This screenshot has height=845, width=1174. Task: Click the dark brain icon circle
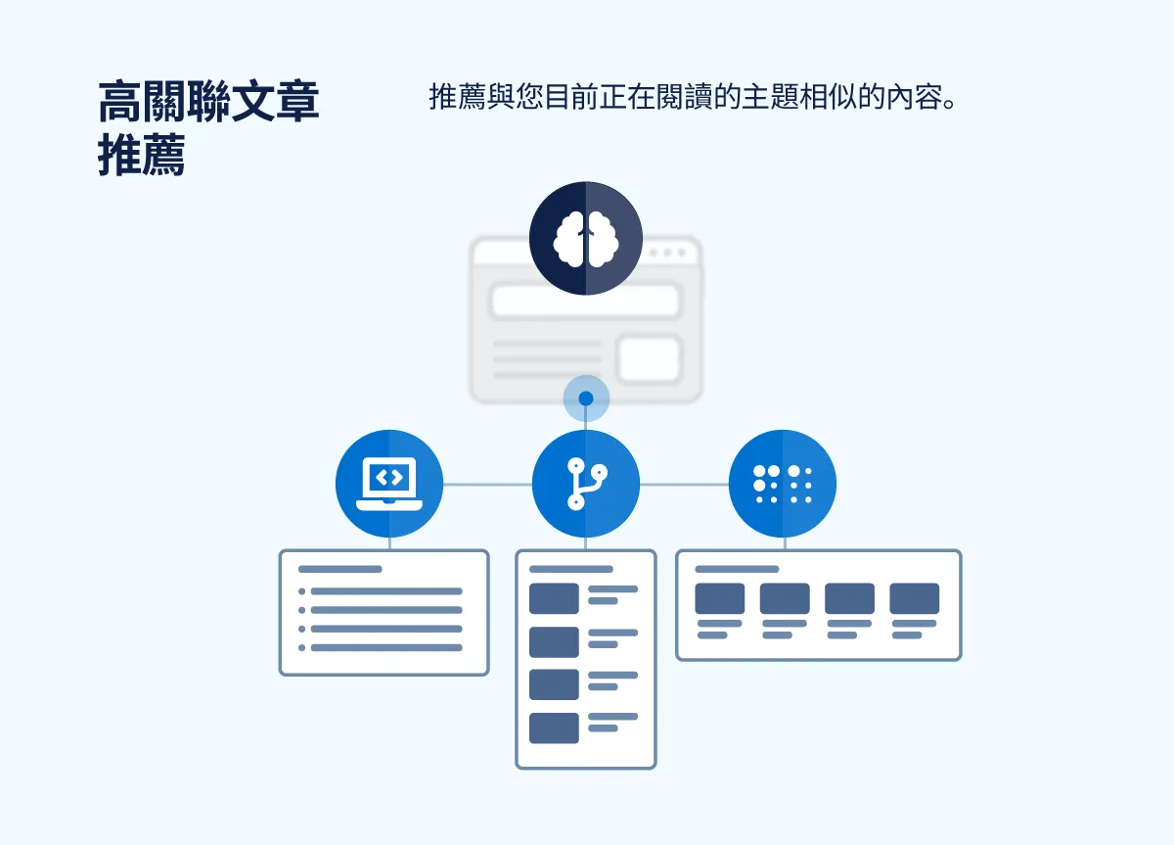point(586,238)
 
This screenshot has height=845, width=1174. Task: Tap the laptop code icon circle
point(389,484)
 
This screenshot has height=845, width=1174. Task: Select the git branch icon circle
point(586,484)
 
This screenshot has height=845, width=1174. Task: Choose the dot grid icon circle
point(783,484)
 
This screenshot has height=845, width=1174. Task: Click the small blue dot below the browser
point(586,399)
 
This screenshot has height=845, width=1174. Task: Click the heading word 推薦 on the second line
point(142,157)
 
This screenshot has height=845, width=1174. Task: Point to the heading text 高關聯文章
point(208,101)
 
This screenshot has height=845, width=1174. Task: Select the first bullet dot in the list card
point(302,591)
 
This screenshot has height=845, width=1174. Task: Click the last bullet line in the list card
point(386,647)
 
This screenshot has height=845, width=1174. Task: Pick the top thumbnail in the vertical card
point(554,598)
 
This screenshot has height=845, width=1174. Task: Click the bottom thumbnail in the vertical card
point(554,728)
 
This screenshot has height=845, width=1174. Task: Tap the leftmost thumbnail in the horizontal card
point(719,598)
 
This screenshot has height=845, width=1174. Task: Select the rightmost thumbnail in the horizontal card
point(914,598)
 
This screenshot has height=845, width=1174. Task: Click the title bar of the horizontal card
point(737,569)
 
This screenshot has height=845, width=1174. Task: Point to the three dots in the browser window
point(668,253)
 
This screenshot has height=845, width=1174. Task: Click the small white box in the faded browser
point(649,358)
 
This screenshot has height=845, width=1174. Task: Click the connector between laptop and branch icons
point(487,484)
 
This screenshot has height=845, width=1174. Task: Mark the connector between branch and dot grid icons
point(684,484)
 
